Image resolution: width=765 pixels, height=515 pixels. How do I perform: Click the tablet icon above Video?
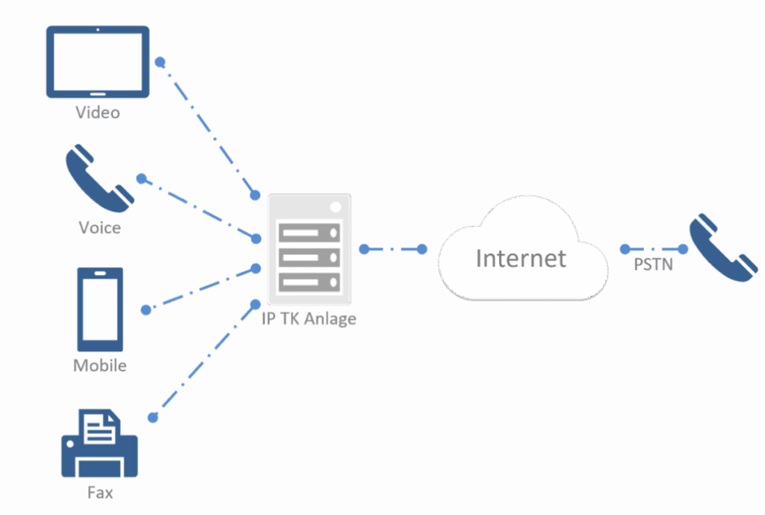(x=98, y=62)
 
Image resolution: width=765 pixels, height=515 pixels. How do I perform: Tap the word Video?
(x=98, y=114)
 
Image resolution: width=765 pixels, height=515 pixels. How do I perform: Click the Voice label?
(x=99, y=226)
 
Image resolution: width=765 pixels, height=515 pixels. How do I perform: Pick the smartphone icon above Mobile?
(x=100, y=309)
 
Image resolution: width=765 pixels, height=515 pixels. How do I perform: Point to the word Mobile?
(x=99, y=366)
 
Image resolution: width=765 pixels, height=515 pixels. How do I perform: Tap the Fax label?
(x=100, y=493)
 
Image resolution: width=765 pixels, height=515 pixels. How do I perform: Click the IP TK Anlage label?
(x=309, y=319)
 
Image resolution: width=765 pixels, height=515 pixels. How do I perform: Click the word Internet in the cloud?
(x=521, y=259)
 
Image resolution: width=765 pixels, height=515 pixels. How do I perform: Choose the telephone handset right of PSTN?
(x=722, y=248)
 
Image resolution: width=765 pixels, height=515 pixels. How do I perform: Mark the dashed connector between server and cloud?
(x=392, y=249)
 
